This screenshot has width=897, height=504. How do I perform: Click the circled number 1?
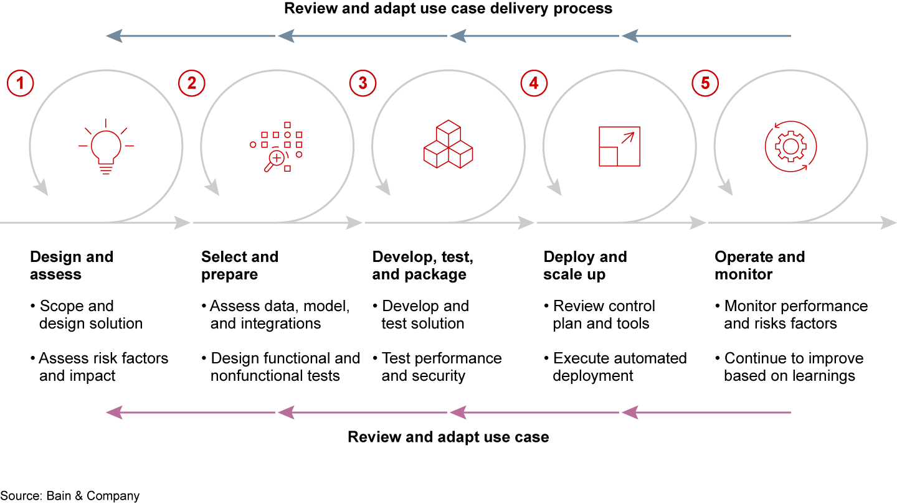pos(20,83)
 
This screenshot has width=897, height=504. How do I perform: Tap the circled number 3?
pos(363,83)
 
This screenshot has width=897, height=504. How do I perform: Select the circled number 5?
pos(705,83)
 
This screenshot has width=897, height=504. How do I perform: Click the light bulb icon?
pos(105,146)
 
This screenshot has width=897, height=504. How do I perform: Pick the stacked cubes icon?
pos(448,146)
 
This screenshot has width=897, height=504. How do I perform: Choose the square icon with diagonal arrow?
pos(619,146)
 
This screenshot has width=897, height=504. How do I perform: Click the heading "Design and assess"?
pos(72,266)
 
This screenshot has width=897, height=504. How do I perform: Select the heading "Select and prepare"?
pos(239,266)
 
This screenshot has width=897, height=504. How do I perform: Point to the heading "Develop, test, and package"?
pos(422,266)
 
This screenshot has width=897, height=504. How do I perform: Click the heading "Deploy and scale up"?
pos(585,266)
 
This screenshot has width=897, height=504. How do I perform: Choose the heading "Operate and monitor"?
pos(759,266)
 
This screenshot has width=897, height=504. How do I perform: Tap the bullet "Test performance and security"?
pos(441,367)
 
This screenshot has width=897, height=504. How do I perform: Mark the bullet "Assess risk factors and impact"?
pos(103,367)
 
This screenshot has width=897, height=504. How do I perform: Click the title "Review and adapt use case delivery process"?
pos(448,9)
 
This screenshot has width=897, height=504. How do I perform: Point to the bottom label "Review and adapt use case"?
pos(448,437)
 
